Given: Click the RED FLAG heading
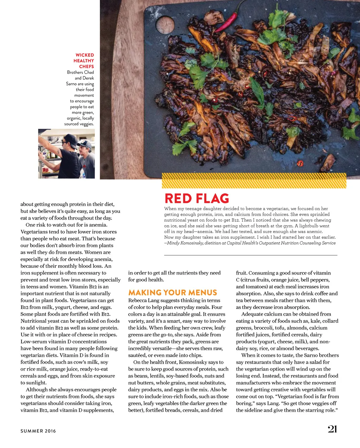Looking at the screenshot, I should [x=197, y=198].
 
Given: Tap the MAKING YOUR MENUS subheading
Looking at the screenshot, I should [x=172, y=293].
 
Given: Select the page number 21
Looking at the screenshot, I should [x=332, y=429].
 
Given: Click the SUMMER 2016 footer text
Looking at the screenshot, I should [x=38, y=431].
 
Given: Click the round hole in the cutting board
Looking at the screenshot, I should [x=165, y=25].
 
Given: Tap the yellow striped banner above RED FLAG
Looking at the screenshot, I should [x=254, y=180].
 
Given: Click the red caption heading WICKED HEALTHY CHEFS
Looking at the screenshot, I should [x=84, y=61].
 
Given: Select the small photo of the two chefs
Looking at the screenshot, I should [x=66, y=153].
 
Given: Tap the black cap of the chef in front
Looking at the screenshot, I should [x=70, y=138].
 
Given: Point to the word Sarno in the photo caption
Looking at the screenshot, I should [x=71, y=84].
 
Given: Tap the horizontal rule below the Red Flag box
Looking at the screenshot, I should [x=250, y=255].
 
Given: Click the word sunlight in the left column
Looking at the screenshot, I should [x=36, y=383].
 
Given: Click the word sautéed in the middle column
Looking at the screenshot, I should [x=137, y=355].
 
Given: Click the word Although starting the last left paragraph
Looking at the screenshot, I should [x=37, y=390].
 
